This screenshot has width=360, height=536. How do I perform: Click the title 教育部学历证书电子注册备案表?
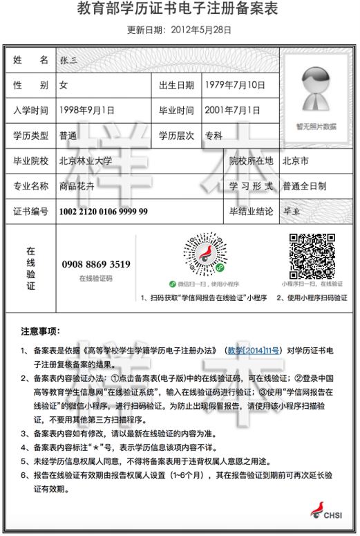pos(179,11)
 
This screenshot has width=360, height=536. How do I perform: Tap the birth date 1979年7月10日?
pos(235,85)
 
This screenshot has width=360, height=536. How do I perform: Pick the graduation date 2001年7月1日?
pos(232,110)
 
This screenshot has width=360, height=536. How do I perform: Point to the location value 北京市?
pos(296,160)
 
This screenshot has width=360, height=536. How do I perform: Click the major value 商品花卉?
pos(79,186)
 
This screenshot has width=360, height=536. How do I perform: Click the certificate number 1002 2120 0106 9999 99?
pos(104,211)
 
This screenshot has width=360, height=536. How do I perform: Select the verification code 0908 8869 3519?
pos(96,264)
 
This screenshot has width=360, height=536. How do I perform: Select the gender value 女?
pos(64,85)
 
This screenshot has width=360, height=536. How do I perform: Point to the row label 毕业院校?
pos(31,160)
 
